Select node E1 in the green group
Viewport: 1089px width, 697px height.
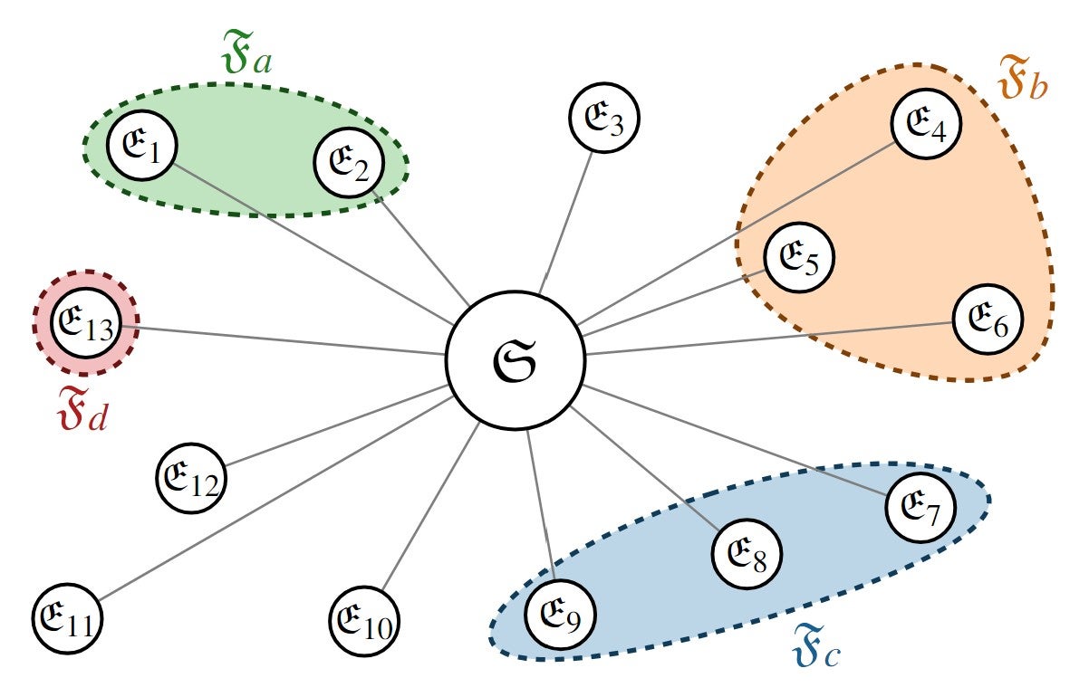(142, 146)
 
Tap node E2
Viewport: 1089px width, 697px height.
(350, 164)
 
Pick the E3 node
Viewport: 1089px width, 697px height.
(604, 119)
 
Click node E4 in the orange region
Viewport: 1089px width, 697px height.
(927, 124)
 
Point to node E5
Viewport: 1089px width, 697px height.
(799, 257)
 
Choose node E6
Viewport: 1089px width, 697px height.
(988, 320)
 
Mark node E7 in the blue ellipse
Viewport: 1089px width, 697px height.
(920, 509)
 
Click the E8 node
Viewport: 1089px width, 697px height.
(747, 555)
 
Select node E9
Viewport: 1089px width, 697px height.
(561, 613)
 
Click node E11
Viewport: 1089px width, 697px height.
(68, 620)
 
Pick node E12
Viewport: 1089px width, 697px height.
(191, 478)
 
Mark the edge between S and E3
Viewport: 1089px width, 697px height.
(566, 222)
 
